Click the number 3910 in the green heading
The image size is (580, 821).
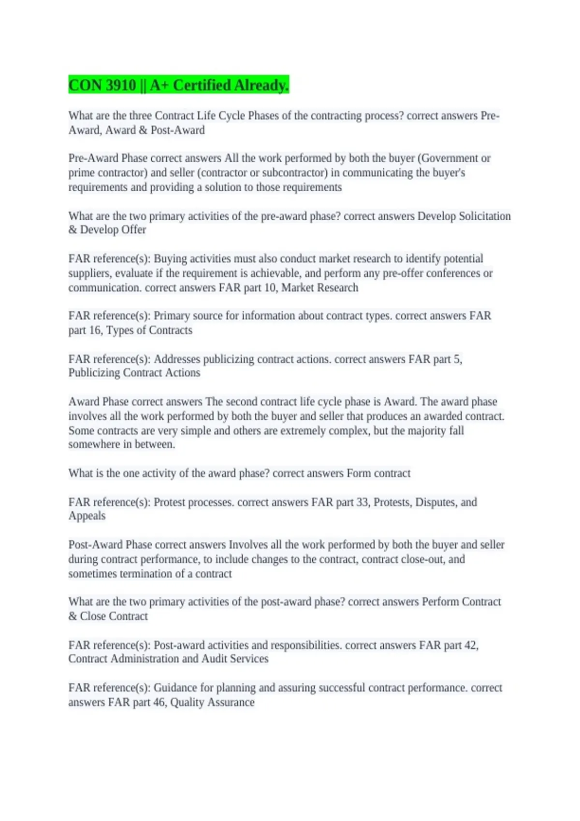120,85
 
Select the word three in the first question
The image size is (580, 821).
141,116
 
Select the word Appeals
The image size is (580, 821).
87,516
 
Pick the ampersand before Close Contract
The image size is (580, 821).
72,616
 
